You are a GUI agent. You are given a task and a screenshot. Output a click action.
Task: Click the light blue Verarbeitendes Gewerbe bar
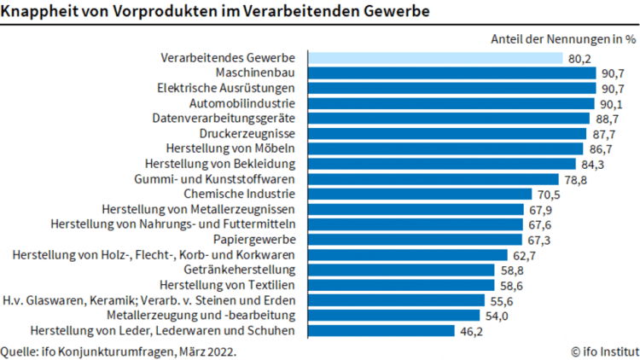coord(435,58)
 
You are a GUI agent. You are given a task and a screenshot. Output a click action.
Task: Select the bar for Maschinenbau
coord(451,73)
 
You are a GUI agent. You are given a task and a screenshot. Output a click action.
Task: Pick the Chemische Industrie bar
coord(419,194)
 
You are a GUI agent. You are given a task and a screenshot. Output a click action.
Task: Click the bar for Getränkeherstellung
coord(401,270)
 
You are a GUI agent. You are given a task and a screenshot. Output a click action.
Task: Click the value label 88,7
coord(607,119)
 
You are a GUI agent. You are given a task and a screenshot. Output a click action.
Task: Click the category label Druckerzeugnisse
coord(247,134)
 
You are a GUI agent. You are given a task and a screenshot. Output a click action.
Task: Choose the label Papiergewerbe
coord(254,240)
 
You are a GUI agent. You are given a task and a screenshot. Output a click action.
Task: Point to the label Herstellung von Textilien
coord(227,285)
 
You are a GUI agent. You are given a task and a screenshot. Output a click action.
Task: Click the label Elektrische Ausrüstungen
coord(226,88)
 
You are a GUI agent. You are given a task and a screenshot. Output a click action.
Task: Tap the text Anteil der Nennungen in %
coord(563,38)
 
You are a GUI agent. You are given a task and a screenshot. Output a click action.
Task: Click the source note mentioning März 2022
coord(119,350)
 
